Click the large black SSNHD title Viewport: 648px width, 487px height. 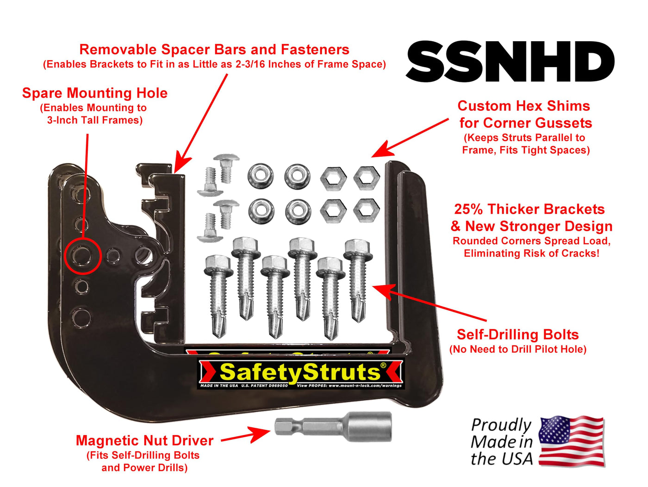(510, 62)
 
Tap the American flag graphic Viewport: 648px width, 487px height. (572, 441)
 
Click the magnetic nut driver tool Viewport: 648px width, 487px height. (333, 426)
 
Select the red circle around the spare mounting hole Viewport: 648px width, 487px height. (83, 256)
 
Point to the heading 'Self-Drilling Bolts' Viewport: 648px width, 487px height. (517, 334)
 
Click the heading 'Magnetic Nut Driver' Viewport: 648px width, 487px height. (145, 440)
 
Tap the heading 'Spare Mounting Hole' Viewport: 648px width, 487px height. (95, 93)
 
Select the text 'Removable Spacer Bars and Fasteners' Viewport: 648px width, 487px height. (214, 49)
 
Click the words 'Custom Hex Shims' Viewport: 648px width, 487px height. (523, 106)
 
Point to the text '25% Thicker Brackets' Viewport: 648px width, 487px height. (530, 209)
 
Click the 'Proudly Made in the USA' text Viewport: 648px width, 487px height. (502, 442)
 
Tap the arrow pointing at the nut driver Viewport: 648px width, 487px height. (246, 435)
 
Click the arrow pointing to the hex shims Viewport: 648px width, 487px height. (410, 138)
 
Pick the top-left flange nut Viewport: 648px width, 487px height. (261, 176)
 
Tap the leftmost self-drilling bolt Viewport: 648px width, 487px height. (218, 296)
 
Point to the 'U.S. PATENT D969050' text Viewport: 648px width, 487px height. (264, 386)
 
